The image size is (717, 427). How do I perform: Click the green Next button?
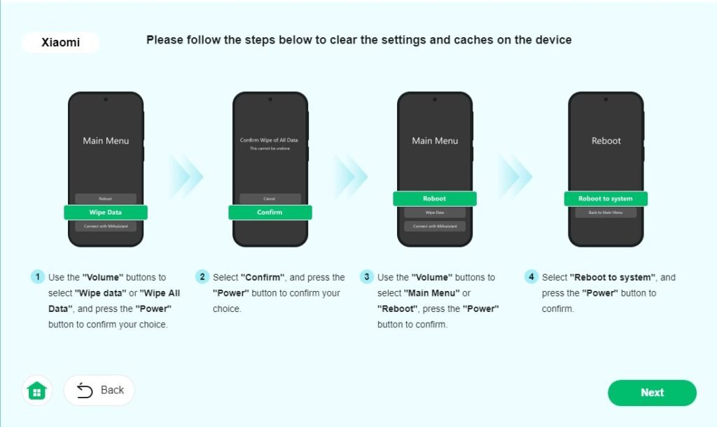(652, 393)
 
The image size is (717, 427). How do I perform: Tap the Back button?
(99, 390)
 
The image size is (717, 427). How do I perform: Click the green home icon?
(36, 391)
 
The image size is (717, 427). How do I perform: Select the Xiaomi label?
(61, 43)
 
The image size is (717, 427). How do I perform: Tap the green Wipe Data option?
(106, 212)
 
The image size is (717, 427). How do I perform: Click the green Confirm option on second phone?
(270, 212)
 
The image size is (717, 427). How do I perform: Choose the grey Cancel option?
(270, 198)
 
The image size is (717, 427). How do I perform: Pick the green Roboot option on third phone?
(435, 198)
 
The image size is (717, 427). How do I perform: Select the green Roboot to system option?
(606, 198)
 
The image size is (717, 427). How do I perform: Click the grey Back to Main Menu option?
(606, 212)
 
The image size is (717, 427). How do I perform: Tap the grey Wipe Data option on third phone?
(435, 212)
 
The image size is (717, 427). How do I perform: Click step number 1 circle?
(37, 277)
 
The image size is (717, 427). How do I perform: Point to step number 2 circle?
(202, 277)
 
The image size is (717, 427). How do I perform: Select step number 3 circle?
(366, 277)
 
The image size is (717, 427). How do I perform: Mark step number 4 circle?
(531, 277)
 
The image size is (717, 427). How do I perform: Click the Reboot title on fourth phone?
(606, 141)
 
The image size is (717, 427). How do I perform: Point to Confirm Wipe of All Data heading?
(270, 140)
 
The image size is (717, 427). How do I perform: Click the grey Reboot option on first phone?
(106, 198)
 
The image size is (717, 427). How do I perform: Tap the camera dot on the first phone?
(106, 100)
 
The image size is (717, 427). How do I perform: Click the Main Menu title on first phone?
(106, 141)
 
